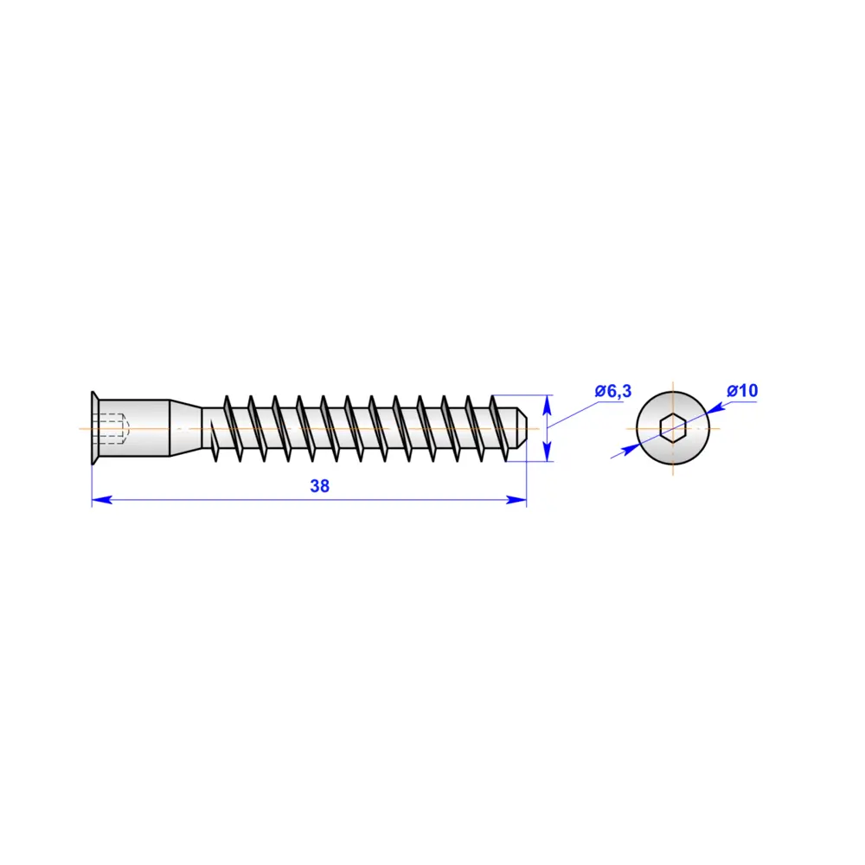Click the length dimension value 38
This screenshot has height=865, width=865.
(320, 486)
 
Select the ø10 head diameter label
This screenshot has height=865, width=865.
(742, 391)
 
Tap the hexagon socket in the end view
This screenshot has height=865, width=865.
(672, 428)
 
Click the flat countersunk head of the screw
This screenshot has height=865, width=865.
(94, 428)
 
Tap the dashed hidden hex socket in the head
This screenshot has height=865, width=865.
(113, 428)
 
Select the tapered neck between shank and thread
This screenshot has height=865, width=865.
(184, 428)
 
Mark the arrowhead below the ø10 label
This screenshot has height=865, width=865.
(717, 407)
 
